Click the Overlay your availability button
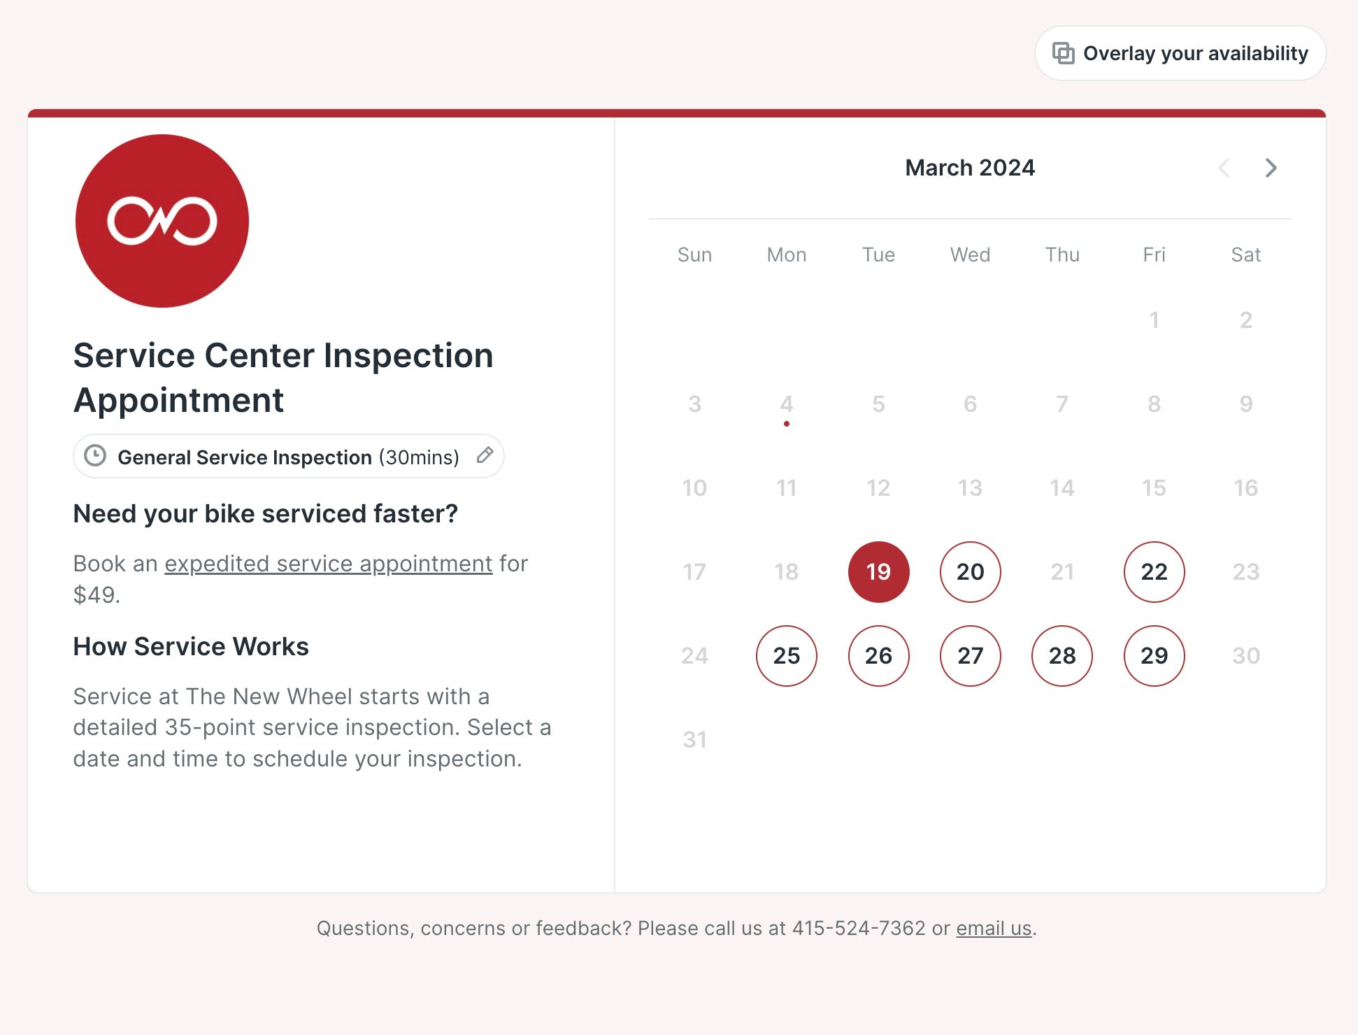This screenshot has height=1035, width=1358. coord(1180,53)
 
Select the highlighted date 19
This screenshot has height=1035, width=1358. coord(878,572)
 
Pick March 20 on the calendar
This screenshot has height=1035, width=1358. coord(970,572)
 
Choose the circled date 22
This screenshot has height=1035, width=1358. coord(1154,572)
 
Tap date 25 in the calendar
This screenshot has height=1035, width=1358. coord(786,656)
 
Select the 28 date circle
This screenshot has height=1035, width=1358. coord(1062,656)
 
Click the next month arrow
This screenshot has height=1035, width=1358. coord(1271,168)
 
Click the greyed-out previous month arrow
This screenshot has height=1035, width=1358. coord(1224,168)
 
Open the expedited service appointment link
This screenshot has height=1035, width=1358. coord(328,564)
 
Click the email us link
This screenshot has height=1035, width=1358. coord(994,928)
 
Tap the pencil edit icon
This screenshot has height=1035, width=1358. coord(485,455)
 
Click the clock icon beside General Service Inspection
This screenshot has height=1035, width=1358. coord(95,456)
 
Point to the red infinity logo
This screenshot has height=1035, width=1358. coord(162,221)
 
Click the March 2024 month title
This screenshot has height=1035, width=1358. coord(970,168)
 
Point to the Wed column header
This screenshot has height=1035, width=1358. coord(970,255)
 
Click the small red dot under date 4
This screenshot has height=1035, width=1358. coord(787,424)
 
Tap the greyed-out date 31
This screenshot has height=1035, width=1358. coord(694,740)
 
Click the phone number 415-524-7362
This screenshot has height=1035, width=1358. coord(859,928)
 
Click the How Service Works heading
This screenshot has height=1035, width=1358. coord(191,647)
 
